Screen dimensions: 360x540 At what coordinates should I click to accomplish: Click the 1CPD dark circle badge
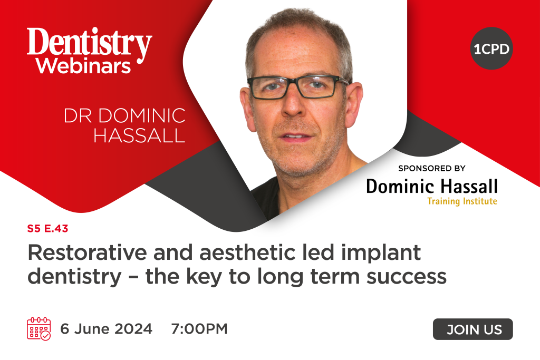click(x=491, y=49)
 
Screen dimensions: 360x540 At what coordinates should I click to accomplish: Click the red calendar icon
click(x=38, y=329)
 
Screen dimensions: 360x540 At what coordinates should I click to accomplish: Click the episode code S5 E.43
click(x=47, y=229)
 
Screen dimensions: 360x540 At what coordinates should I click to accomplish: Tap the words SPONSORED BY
click(x=432, y=169)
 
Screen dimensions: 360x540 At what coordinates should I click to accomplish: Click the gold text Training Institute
click(x=462, y=201)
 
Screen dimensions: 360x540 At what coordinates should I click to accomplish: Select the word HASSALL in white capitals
click(x=139, y=135)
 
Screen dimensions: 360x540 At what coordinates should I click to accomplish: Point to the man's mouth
click(x=296, y=136)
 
